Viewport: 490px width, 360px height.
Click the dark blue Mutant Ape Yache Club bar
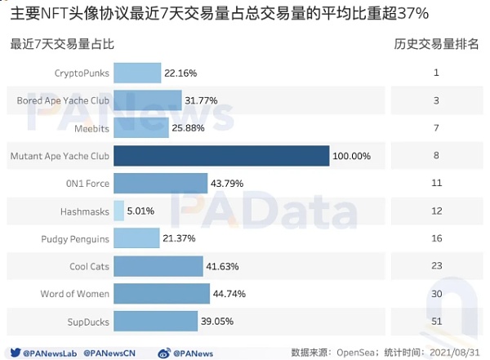(x=220, y=156)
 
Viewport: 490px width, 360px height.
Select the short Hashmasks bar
(x=118, y=211)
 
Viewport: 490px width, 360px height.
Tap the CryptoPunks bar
(x=137, y=73)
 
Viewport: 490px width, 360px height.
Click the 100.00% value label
(x=352, y=156)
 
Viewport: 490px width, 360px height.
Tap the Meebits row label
(x=91, y=129)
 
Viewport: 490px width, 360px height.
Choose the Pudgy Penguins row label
(x=75, y=239)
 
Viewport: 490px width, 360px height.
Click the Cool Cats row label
(x=89, y=267)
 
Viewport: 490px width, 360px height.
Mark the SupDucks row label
(x=89, y=322)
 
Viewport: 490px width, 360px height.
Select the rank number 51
(x=436, y=322)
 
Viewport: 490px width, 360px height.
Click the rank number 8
(x=436, y=156)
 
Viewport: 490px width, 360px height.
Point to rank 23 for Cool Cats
(x=436, y=267)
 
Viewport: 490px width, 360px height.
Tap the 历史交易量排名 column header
(x=436, y=43)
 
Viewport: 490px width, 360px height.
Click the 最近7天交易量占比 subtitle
(x=62, y=43)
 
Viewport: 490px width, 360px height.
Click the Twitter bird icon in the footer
(x=16, y=353)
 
